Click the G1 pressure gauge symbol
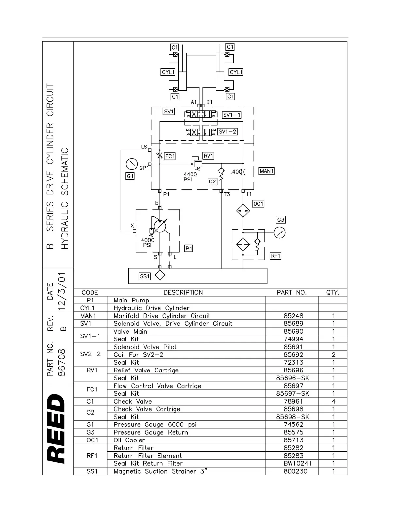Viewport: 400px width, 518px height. (132, 164)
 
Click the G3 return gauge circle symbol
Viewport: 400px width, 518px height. (280, 233)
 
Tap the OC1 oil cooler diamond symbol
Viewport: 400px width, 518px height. (243, 211)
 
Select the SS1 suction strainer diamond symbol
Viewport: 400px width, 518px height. (160, 275)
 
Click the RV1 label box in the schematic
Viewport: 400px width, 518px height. (208, 156)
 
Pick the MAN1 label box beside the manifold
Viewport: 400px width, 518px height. (266, 171)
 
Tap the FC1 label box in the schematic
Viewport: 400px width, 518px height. (170, 156)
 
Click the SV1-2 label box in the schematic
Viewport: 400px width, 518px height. (227, 132)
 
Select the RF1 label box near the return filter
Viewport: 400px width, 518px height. (275, 256)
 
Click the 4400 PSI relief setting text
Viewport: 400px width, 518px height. (190, 177)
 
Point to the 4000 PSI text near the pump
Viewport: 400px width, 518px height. (147, 242)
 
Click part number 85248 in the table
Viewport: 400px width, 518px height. (293, 316)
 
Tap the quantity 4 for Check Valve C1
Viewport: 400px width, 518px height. (333, 401)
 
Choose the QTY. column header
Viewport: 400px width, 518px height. (333, 293)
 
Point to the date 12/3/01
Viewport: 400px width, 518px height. (61, 291)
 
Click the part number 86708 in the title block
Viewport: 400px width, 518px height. (61, 363)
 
